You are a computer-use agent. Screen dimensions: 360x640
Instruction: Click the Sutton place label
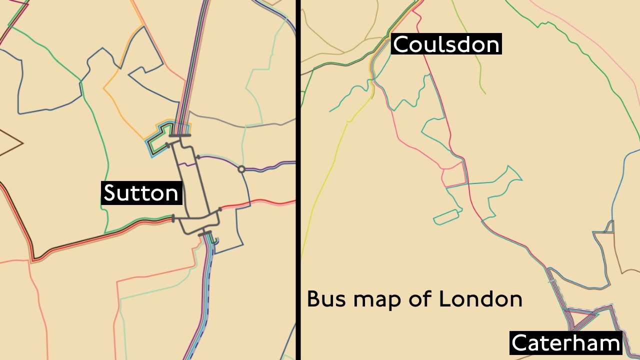141,193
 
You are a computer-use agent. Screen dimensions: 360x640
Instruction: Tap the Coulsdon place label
446,44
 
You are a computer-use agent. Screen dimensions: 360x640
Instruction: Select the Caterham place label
566,343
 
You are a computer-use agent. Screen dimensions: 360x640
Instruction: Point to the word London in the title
480,299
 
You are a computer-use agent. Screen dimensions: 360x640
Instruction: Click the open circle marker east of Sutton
241,169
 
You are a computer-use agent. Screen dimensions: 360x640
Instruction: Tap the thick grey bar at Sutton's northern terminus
180,135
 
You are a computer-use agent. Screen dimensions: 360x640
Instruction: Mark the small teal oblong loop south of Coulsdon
446,217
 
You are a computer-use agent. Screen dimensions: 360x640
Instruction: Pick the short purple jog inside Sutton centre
186,163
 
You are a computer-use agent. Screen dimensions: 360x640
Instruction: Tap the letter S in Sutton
109,193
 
